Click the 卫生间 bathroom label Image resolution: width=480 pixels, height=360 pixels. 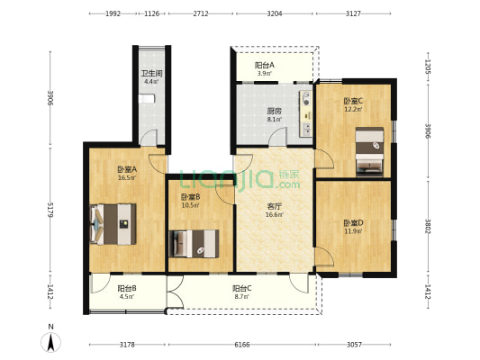pos(150,74)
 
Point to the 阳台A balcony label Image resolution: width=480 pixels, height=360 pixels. pos(265,65)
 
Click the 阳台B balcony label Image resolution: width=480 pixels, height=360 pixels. pos(126,288)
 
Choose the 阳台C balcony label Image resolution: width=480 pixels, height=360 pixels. pos(242,288)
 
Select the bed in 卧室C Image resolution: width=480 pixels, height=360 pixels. pos(370,151)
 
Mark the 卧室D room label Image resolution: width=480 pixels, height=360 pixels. pos(353,223)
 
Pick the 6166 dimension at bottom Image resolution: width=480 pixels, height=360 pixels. pos(237,345)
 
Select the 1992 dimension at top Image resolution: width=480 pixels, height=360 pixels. pos(113,13)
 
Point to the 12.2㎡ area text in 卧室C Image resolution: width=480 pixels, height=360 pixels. pos(353,110)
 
